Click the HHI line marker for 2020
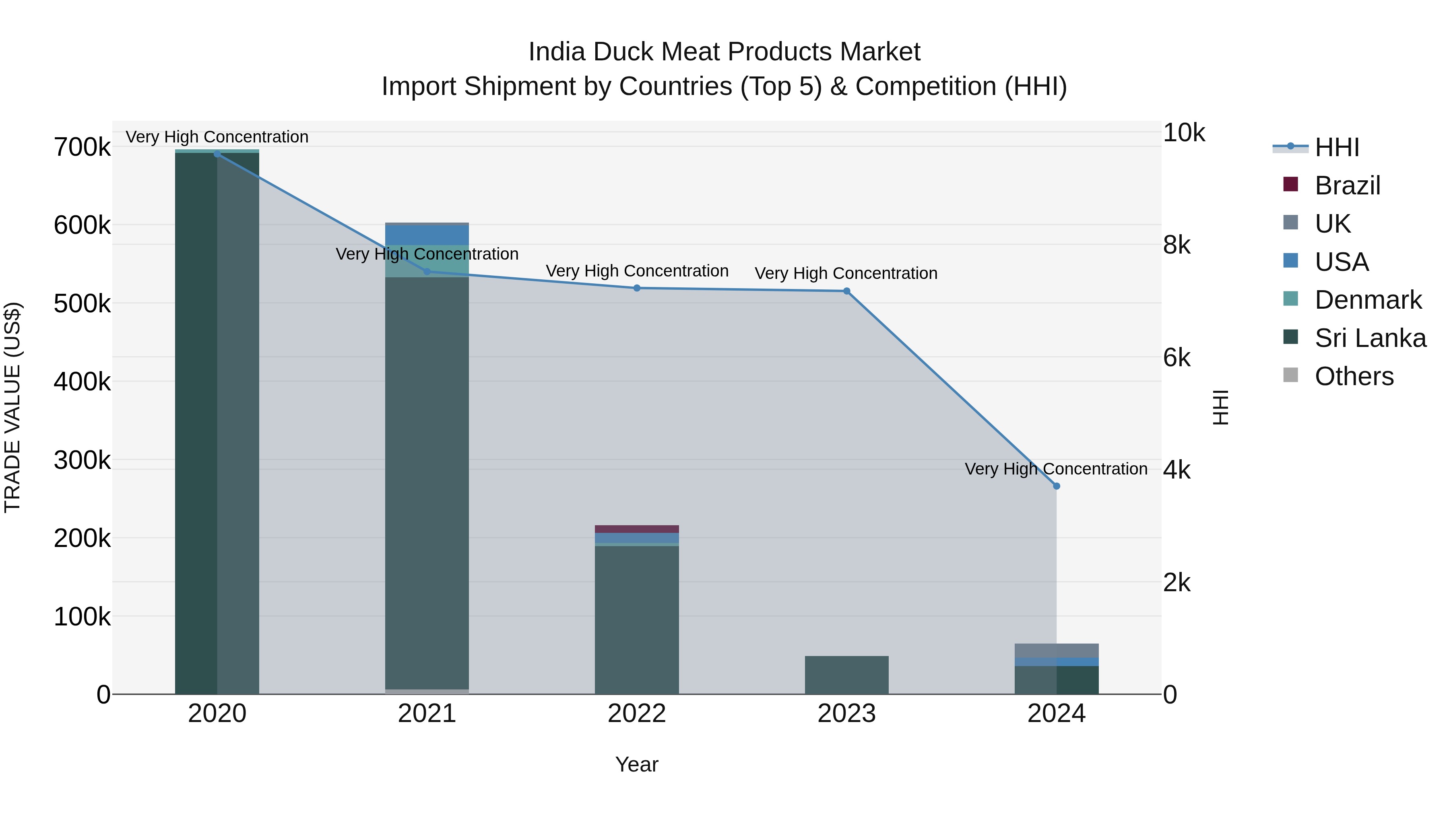217,154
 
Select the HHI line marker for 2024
1057,486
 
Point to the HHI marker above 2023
846,291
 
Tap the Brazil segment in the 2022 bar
637,529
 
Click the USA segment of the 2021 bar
427,235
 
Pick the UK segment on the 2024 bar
1057,650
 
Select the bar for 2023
846,675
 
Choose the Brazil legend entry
1347,186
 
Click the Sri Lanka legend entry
1370,338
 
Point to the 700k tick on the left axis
82,147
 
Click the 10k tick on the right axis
1183,133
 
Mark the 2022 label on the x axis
637,714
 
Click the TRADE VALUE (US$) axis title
12,407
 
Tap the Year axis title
637,764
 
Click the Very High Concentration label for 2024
1056,468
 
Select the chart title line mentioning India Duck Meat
724,52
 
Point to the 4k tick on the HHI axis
1177,470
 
